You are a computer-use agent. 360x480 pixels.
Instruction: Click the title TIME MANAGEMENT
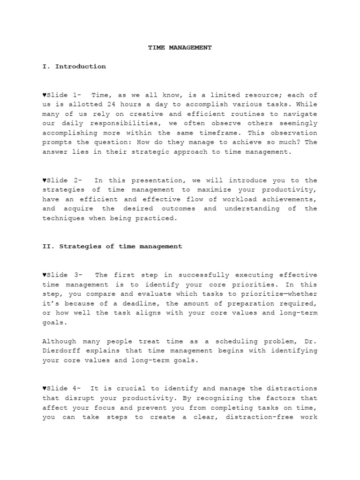tap(180, 47)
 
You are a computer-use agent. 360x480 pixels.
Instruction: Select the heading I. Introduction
tap(74, 67)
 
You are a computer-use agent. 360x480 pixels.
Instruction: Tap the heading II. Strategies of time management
tap(112, 246)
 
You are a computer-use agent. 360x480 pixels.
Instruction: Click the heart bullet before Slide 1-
tap(44, 95)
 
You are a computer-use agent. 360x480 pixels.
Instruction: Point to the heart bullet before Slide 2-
tap(44, 180)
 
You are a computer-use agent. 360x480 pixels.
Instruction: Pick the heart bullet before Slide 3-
tap(44, 275)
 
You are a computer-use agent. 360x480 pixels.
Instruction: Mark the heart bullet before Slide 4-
tap(44, 389)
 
